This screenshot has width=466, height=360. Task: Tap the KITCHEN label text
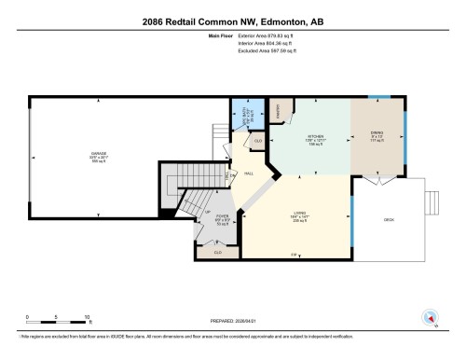pyautogui.click(x=315, y=140)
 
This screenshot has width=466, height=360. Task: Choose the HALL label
pyautogui.click(x=250, y=173)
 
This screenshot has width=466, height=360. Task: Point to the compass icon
pyautogui.click(x=432, y=316)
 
